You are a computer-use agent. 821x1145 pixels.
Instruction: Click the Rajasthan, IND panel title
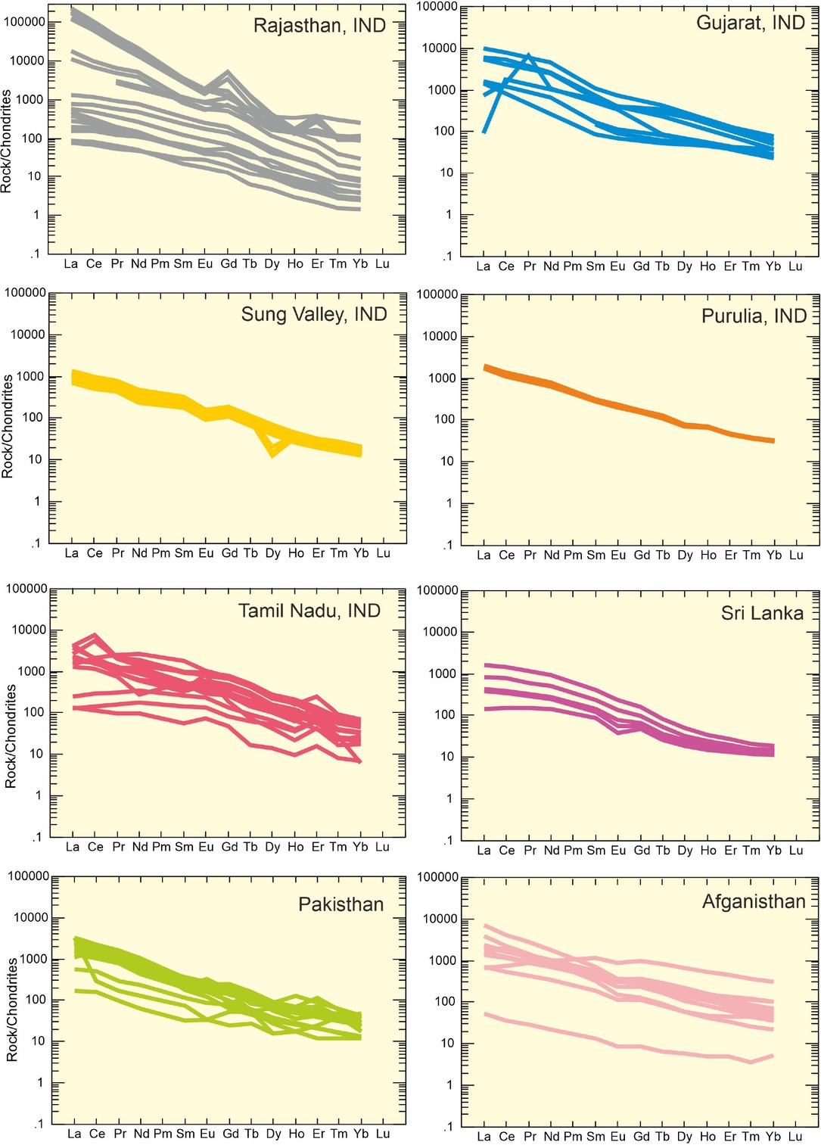point(319,26)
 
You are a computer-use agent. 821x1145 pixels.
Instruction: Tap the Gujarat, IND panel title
point(750,23)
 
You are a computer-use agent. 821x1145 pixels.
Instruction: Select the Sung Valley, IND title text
point(313,314)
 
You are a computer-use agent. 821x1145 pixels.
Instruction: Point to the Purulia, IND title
point(754,316)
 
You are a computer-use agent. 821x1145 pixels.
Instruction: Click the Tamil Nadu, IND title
point(309,611)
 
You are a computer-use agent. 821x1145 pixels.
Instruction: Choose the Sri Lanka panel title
point(761,613)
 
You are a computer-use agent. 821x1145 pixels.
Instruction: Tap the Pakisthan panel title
point(341,904)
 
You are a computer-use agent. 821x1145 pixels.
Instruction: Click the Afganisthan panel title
point(753,901)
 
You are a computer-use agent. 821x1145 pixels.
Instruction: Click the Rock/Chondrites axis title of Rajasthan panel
point(7,141)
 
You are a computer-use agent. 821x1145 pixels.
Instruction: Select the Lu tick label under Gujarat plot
point(795,266)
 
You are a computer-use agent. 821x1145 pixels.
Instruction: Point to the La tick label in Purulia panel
point(484,555)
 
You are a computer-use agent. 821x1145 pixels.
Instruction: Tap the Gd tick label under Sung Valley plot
point(229,553)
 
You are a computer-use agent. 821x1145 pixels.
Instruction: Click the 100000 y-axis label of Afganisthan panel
point(437,877)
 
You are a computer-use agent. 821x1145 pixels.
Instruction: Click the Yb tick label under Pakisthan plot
point(361,1134)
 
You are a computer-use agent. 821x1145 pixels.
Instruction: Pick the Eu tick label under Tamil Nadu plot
point(206,847)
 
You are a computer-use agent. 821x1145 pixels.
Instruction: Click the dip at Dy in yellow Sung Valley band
point(272,454)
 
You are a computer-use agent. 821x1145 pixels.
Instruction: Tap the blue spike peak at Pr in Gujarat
point(529,55)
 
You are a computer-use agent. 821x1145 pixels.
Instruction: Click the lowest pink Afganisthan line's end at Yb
point(773,1055)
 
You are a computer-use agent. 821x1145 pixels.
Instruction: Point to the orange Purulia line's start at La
point(485,368)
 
